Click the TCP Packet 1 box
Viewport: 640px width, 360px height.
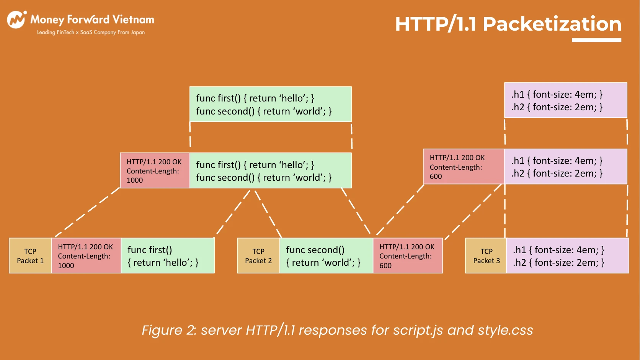pos(30,255)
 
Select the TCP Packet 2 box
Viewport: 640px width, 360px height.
pos(258,255)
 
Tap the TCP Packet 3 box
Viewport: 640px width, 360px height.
pos(486,255)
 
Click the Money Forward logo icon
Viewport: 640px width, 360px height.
pos(17,20)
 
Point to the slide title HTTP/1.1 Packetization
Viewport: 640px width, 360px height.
pos(508,24)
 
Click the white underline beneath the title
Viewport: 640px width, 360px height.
pos(596,40)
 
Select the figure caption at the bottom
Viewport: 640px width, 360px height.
pos(338,330)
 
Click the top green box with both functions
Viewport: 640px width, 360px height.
pos(271,104)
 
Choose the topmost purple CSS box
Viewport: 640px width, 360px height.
pos(566,100)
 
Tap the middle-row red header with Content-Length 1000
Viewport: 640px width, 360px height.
pos(155,170)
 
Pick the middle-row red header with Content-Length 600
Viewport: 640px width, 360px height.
pos(464,167)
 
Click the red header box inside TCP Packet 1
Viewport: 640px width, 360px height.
pos(86,255)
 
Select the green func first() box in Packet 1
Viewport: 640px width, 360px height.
pos(168,255)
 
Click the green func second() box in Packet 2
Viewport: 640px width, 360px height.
pos(326,255)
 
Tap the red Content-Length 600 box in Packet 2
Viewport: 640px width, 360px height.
pos(408,255)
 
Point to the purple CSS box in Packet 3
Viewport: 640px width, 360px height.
pos(568,255)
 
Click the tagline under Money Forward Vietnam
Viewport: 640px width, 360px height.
pos(91,32)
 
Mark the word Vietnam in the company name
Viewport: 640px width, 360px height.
pos(133,20)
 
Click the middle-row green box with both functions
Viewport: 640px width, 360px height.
pos(271,170)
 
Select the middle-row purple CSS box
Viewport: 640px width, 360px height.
pos(566,167)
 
